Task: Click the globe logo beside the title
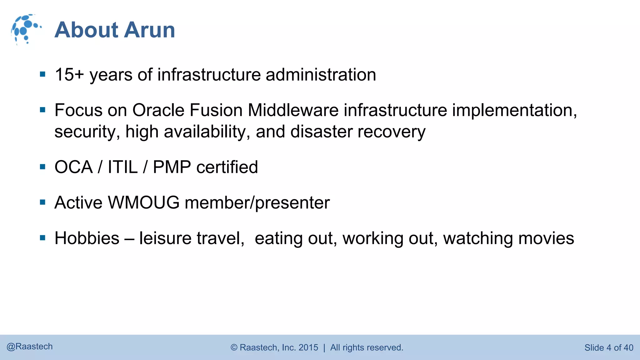26,29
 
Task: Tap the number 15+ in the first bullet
69,75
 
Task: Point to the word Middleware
293,110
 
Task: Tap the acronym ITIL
122,167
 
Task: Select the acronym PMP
172,167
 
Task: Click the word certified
227,167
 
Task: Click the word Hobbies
87,238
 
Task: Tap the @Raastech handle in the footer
30,347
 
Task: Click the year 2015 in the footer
308,347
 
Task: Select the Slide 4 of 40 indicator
608,347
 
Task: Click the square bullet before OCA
43,167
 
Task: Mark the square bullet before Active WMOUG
43,202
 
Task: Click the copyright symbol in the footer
234,347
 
